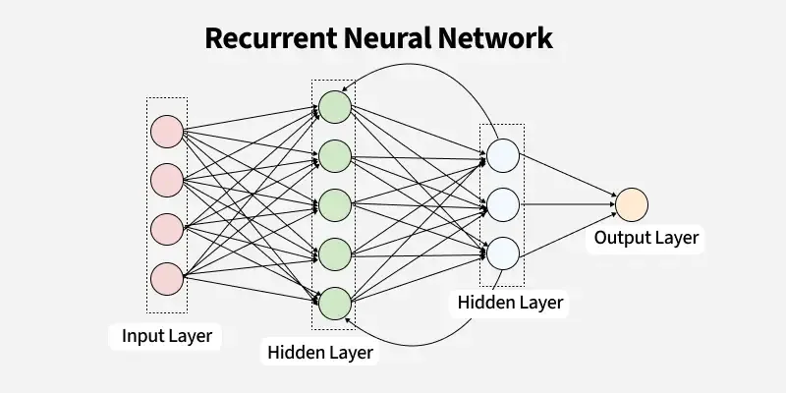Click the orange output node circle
pos(632,204)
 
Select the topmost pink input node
pos(166,131)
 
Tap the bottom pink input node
pos(166,277)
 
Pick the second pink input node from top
pos(166,180)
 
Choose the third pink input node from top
pos(166,228)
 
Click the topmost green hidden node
pos(334,107)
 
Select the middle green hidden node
pos(334,204)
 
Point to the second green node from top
pos(334,155)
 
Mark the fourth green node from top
pos(334,253)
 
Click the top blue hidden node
pos(502,155)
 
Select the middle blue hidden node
pos(502,204)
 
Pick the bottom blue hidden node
pos(502,253)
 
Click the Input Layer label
pos(166,336)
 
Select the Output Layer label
pos(646,239)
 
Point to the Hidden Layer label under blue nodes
pos(510,303)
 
